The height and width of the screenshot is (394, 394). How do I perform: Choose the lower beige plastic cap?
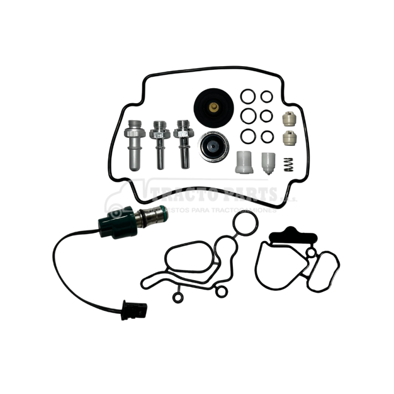pyautogui.click(x=290, y=137)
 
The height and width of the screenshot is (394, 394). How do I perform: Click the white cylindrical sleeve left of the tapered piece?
pyautogui.click(x=244, y=163)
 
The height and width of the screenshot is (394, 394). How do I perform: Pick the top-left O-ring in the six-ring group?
pyautogui.click(x=248, y=96)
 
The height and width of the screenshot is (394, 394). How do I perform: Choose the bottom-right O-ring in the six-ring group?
pyautogui.click(x=266, y=136)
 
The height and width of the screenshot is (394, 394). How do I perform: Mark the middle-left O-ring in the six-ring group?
pyautogui.click(x=248, y=116)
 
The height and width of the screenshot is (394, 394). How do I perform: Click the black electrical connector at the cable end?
pyautogui.click(x=134, y=310)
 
